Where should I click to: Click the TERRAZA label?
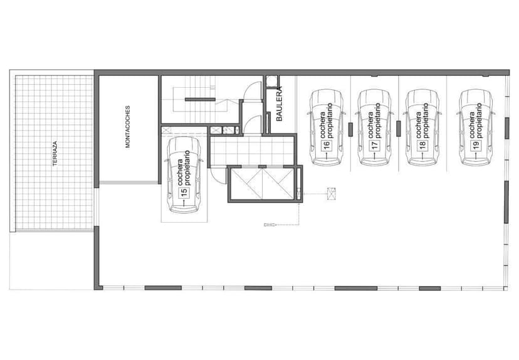[55, 153]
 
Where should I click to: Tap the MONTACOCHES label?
[127, 127]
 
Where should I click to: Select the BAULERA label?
[280, 103]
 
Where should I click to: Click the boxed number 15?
[184, 191]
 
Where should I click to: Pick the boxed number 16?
[327, 146]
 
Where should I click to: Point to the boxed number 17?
[375, 146]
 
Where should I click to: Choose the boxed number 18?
[422, 146]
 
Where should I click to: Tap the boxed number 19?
[476, 146]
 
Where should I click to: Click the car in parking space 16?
[327, 127]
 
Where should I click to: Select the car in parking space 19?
[476, 127]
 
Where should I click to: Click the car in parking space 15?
[184, 174]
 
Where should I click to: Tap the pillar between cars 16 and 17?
[350, 129]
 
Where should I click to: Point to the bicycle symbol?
[270, 225]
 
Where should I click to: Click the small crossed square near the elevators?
[332, 194]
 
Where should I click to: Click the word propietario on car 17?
[379, 120]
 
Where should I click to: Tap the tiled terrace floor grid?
[53, 152]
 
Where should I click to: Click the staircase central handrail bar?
[200, 99]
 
